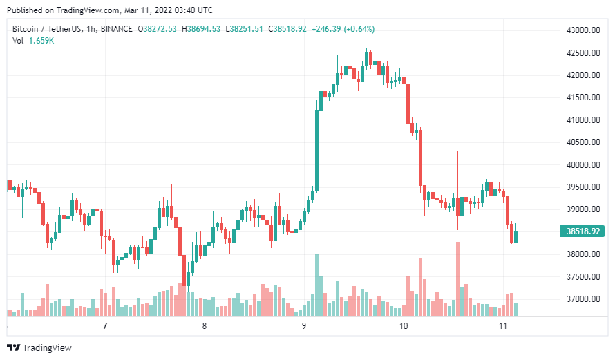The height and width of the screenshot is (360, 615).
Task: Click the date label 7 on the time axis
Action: (x=105, y=325)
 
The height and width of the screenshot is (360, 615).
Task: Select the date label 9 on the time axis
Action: (x=303, y=325)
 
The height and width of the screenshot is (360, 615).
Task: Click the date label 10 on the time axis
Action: (x=404, y=325)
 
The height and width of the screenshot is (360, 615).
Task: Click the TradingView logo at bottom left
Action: (x=39, y=348)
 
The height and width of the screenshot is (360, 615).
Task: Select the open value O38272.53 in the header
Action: (x=158, y=28)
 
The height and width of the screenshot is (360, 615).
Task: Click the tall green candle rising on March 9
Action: (x=317, y=149)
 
